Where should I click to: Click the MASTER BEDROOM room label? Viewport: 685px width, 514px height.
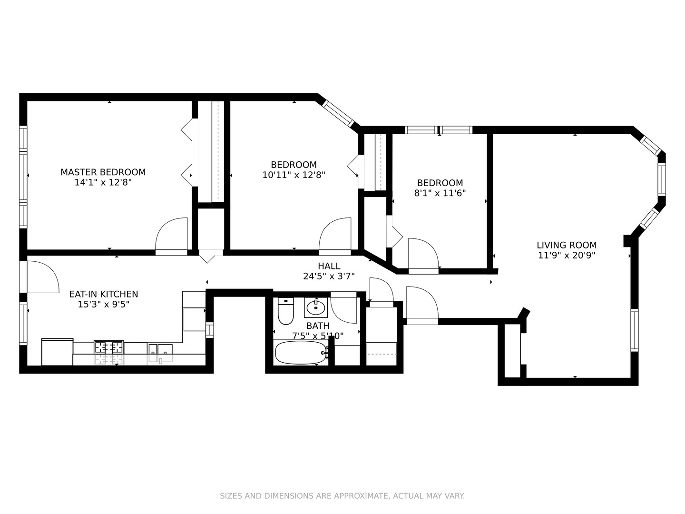coord(103,172)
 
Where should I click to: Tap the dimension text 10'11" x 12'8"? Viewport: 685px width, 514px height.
coord(294,175)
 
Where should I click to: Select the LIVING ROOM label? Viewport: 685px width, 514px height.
coord(566,245)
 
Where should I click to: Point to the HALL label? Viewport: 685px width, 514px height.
coord(329,266)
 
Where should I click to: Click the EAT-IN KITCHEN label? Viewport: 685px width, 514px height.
coord(103,294)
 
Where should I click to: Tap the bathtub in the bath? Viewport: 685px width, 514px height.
coord(301,353)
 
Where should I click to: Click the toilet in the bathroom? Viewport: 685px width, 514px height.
coord(285,311)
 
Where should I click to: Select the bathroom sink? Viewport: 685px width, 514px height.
coord(315,307)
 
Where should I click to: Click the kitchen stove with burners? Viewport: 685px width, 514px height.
coord(109,347)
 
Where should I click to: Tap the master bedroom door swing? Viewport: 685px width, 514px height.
coord(172,234)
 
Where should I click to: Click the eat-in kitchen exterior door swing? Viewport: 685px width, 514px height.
coord(42,277)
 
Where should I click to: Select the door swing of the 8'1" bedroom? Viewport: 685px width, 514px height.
coord(422,254)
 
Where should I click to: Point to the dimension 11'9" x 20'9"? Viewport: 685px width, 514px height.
coord(566,255)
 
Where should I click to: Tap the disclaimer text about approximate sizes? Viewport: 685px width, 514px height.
coord(342,496)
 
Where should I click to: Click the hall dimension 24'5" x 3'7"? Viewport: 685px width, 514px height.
coord(329,276)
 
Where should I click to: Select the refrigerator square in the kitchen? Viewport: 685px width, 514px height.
coord(58,352)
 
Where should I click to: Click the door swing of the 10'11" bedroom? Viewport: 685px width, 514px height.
coord(335,234)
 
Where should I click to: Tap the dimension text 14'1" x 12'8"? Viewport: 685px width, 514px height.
coord(103,182)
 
